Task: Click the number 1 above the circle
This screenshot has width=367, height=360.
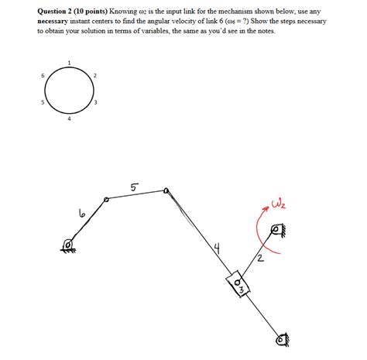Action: (69, 63)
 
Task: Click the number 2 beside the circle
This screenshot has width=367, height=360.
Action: (94, 74)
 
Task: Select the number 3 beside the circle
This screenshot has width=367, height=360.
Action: (94, 103)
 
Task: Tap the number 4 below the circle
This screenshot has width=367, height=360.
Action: (69, 118)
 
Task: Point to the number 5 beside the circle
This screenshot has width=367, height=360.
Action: (43, 103)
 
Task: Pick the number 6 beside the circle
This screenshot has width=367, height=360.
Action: (43, 74)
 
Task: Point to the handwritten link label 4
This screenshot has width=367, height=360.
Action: (219, 249)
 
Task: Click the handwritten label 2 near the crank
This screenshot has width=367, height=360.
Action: (261, 259)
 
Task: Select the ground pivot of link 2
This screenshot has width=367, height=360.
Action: (278, 230)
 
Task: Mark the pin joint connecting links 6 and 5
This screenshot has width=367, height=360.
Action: (107, 200)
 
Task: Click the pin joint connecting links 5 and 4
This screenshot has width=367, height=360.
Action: (165, 190)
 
